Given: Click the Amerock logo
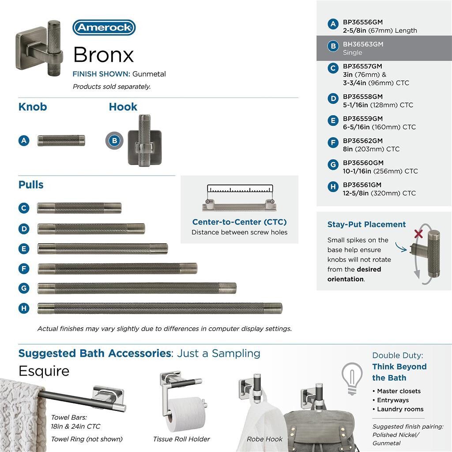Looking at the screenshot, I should click(104, 27).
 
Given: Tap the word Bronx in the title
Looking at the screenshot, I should click(103, 55).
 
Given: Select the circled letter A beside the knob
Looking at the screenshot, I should click(24, 141).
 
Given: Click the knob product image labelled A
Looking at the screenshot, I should click(61, 141).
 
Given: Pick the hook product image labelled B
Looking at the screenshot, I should click(144, 141).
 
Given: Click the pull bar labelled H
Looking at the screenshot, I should click(159, 308).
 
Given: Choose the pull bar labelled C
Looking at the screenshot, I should click(79, 208).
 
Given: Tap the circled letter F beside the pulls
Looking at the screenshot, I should click(24, 268).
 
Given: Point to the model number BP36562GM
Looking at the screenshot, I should click(363, 141).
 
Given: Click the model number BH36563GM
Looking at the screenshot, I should click(363, 44).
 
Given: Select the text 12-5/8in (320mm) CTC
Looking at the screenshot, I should click(379, 193).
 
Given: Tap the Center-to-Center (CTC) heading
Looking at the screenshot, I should click(239, 222).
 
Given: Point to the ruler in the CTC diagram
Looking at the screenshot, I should click(240, 190).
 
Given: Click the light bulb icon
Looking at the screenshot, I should click(352, 377).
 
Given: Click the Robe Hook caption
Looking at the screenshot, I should click(264, 439).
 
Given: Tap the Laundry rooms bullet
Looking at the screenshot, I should click(400, 409).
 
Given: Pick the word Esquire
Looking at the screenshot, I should click(44, 371).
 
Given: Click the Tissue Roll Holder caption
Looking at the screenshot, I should click(181, 439).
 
